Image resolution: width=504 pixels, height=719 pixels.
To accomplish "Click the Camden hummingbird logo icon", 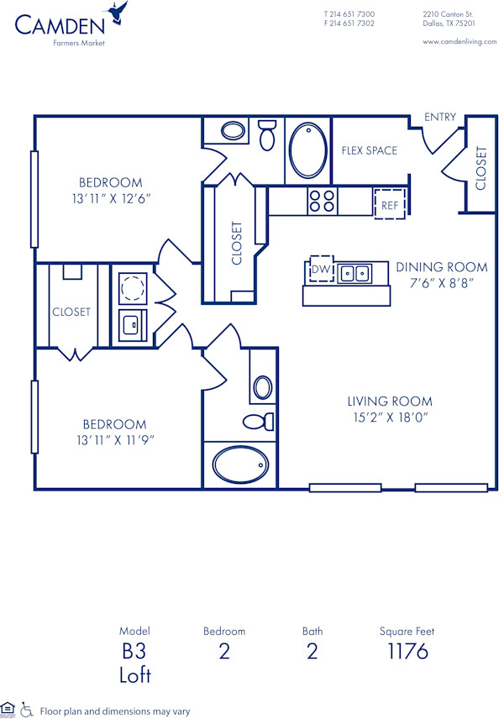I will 117,13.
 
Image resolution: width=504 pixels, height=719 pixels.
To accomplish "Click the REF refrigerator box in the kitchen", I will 390,204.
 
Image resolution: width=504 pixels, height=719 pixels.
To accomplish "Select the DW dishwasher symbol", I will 320,269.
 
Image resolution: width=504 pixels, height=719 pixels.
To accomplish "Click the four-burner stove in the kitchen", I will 322,201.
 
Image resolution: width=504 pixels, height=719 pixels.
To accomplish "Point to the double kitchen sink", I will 354,273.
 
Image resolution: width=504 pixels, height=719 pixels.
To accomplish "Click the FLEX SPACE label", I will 370,151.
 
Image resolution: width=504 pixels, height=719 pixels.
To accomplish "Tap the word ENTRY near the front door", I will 440,117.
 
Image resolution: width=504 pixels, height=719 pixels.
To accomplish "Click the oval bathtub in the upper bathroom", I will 308,150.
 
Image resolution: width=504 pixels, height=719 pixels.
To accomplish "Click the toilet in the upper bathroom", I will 268,134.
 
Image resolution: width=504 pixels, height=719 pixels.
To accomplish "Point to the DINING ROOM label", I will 442,267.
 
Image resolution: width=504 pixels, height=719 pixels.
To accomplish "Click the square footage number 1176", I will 407,651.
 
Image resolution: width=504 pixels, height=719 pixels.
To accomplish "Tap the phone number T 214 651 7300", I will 349,14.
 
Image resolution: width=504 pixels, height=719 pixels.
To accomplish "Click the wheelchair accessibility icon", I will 27,710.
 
